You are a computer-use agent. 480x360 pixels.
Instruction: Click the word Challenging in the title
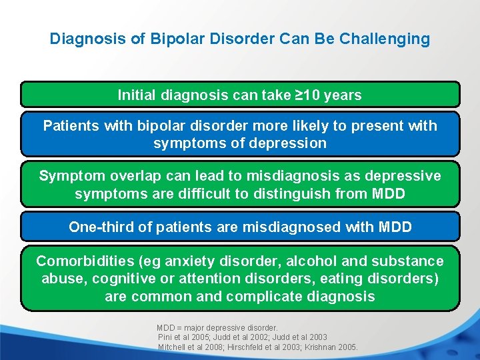click(x=385, y=39)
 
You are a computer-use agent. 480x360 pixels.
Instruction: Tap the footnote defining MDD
click(x=217, y=328)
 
